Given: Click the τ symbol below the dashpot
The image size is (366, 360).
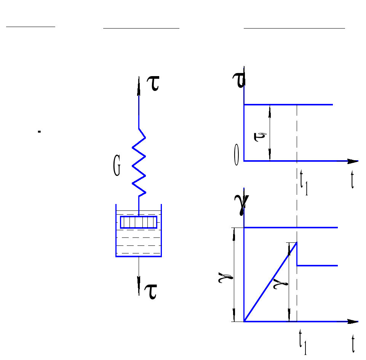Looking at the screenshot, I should (151, 292).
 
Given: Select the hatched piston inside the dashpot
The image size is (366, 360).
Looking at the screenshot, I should (139, 222).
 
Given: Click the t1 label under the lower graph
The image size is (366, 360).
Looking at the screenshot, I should (304, 344).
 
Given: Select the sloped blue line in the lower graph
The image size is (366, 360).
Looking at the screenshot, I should (270, 282).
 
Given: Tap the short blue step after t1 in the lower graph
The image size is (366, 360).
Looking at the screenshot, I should (317, 265).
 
